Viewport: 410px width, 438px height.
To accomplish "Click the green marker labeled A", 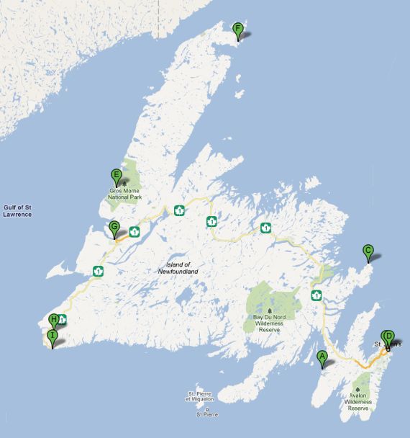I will (x=322, y=356).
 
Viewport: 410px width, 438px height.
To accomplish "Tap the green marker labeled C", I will (x=368, y=251).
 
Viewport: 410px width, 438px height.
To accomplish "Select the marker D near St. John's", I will (x=388, y=336).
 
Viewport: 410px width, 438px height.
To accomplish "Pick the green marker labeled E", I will (x=115, y=175).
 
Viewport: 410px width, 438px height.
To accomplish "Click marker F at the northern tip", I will (x=237, y=30).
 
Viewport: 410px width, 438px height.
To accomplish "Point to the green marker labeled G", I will (x=114, y=228).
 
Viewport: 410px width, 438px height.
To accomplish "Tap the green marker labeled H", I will (x=53, y=320).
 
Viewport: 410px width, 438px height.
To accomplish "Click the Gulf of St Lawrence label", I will (x=17, y=211).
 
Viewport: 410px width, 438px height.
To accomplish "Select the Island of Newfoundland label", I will (x=178, y=267).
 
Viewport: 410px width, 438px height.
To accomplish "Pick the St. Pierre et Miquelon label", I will (x=201, y=397).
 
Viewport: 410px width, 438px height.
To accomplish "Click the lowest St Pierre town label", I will (x=207, y=415).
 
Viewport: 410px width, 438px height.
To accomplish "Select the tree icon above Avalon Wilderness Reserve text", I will (x=357, y=390).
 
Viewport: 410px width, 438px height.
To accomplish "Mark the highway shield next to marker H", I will (x=63, y=320).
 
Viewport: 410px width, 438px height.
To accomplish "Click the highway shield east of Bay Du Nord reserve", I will (x=316, y=295).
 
